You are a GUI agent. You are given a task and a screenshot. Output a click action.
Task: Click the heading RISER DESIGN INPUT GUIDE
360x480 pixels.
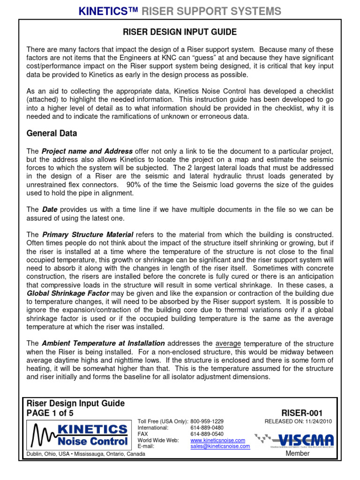(180, 32)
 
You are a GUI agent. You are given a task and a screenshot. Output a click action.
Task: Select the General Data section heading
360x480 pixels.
(52, 134)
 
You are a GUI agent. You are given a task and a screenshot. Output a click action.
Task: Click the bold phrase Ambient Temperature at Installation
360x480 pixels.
(103, 344)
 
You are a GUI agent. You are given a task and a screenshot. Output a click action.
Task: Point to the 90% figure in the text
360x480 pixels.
(134, 185)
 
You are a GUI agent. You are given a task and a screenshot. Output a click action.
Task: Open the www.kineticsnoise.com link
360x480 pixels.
(217, 441)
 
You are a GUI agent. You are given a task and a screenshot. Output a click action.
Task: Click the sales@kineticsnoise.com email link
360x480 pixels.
(220, 447)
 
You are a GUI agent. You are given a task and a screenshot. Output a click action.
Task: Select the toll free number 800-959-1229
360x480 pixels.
(207, 421)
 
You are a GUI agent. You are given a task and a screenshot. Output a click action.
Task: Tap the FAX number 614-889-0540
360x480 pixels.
(207, 434)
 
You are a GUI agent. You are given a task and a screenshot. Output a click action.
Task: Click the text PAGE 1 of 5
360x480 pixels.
(50, 413)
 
